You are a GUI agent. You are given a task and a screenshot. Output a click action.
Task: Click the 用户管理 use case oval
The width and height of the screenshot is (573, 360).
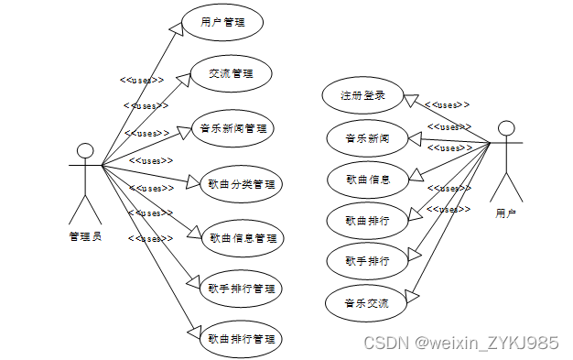222,23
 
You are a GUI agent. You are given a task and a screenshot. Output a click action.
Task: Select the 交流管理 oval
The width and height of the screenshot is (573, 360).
230,74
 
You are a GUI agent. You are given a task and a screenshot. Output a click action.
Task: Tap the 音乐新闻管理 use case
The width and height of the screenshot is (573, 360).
234,128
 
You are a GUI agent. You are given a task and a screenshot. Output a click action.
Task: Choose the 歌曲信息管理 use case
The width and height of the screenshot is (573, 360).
242,238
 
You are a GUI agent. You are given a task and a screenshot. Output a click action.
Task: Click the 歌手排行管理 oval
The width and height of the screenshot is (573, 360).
242,289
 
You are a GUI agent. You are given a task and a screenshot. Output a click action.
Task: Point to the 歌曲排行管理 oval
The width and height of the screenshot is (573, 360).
242,339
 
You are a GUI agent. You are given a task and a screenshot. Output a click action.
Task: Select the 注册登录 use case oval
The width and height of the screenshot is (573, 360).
363,95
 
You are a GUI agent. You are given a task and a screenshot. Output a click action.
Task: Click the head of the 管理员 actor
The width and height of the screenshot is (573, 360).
86,150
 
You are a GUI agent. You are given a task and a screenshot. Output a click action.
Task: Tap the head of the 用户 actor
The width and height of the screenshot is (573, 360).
505,128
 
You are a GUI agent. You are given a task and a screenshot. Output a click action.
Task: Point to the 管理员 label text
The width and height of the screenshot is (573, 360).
85,236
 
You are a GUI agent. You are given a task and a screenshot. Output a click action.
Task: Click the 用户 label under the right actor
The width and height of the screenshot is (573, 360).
505,213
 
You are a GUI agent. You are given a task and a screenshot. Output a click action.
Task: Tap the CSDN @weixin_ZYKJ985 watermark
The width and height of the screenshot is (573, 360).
460,343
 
